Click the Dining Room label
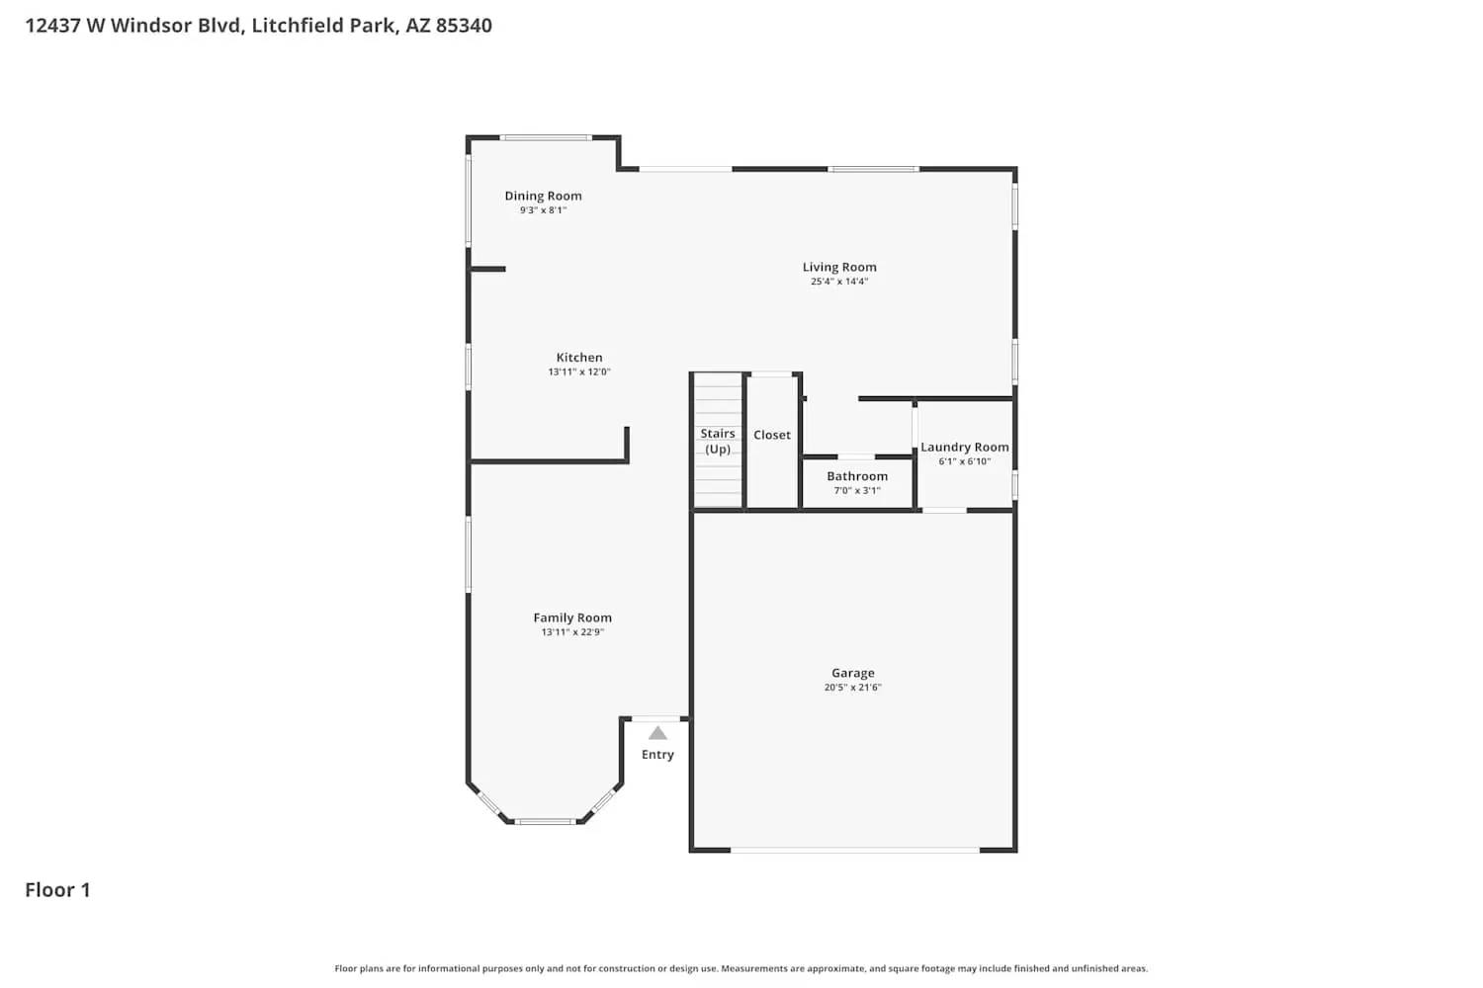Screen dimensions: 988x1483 [543, 196]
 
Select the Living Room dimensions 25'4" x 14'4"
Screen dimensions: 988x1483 [839, 282]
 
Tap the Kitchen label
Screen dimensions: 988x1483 [579, 358]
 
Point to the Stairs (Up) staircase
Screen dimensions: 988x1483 [718, 441]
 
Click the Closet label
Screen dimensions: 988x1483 [772, 435]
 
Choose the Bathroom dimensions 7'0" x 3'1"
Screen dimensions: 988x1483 [857, 491]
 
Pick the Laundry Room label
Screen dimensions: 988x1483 [965, 447]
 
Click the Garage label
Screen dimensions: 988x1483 [853, 673]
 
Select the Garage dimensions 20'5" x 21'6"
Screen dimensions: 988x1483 [853, 688]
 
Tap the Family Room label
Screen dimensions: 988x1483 [572, 617]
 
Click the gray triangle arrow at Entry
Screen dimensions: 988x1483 [657, 733]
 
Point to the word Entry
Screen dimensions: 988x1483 [657, 755]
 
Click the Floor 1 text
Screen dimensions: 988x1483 [57, 890]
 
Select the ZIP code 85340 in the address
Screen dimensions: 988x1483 [464, 26]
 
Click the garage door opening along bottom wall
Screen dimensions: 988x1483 [854, 850]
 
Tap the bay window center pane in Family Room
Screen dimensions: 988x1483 [545, 821]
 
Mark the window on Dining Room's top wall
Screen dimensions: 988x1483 [545, 137]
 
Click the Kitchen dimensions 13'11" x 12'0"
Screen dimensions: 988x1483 [579, 372]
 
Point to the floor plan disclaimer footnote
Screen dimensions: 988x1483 [741, 969]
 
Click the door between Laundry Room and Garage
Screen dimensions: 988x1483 [944, 510]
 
